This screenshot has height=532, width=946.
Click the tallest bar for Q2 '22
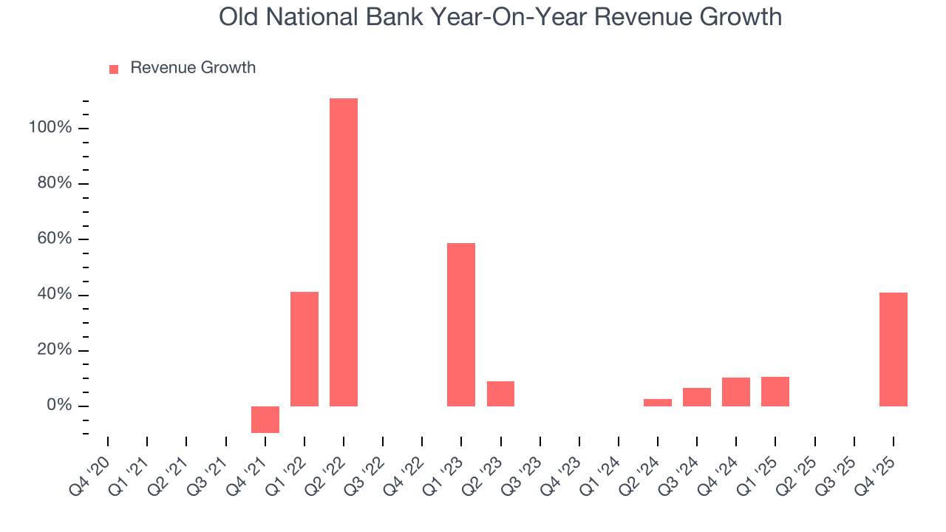(344, 252)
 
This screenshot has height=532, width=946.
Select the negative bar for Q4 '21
(265, 419)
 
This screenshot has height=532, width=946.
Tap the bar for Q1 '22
(304, 349)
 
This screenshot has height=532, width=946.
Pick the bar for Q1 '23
(461, 324)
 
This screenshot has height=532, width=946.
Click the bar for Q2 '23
(500, 393)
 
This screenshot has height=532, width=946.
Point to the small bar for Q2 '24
(658, 402)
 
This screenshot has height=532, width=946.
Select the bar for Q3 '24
(697, 397)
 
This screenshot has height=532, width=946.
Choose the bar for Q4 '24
(736, 392)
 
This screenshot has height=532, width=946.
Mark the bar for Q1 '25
(775, 391)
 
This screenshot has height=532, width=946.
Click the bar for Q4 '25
(893, 349)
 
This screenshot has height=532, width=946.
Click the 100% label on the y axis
(50, 128)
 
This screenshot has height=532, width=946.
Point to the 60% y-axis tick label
(55, 239)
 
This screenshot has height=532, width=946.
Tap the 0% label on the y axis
(58, 406)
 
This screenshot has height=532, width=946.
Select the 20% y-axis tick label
(55, 350)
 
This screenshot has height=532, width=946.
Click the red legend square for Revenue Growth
(114, 69)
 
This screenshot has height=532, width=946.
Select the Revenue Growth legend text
(193, 68)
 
